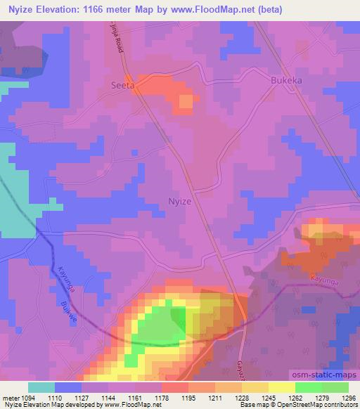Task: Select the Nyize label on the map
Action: coord(180,201)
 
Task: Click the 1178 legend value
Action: coord(161,398)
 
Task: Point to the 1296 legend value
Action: coord(349,398)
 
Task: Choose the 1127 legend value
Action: coord(81,398)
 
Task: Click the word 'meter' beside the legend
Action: coord(8,398)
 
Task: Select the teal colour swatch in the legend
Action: coord(41,387)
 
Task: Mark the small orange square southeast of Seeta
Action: coord(185,103)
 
